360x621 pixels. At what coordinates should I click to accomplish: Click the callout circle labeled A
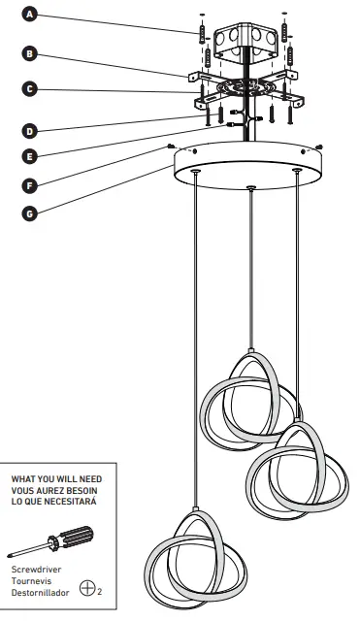click(x=31, y=16)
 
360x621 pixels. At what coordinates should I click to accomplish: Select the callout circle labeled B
click(x=31, y=53)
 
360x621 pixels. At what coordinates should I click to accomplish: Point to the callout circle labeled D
click(x=31, y=129)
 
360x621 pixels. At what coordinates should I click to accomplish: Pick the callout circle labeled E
click(x=31, y=154)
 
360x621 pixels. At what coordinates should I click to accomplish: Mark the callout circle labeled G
click(x=31, y=212)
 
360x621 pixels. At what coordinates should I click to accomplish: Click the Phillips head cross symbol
click(x=88, y=587)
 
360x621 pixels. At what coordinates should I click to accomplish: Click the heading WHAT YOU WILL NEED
click(x=56, y=478)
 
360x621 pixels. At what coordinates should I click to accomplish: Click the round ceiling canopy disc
click(x=250, y=167)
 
